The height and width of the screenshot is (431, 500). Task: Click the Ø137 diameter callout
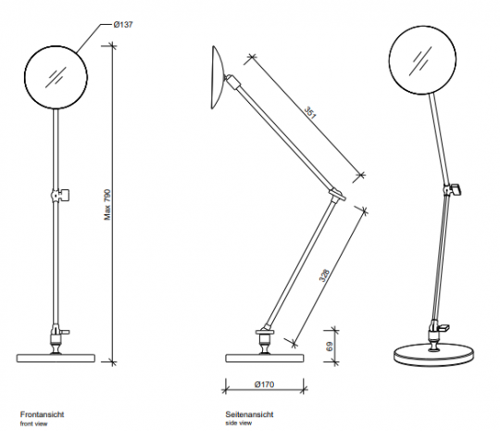click(123, 25)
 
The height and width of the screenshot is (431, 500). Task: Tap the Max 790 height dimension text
click(107, 205)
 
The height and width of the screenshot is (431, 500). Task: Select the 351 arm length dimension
click(310, 113)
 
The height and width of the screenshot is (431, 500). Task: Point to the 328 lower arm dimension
click(324, 275)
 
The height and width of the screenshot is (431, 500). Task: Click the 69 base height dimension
click(330, 347)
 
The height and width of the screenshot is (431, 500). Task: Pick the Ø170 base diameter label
click(264, 385)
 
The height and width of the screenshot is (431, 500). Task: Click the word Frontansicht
click(42, 414)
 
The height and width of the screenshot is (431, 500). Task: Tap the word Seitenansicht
click(249, 414)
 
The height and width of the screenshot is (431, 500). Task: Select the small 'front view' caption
click(33, 424)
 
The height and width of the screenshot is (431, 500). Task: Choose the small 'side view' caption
click(239, 423)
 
